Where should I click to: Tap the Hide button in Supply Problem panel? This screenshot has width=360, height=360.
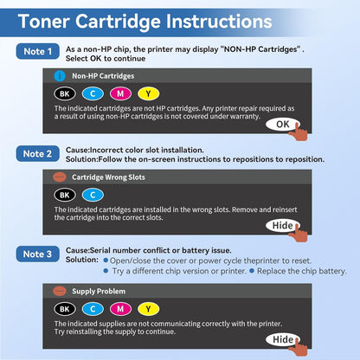(281, 339)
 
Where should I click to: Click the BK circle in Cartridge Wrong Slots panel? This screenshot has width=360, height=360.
(64, 194)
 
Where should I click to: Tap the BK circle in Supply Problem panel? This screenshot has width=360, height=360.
(64, 308)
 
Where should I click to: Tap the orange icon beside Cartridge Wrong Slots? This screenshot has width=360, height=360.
(59, 177)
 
